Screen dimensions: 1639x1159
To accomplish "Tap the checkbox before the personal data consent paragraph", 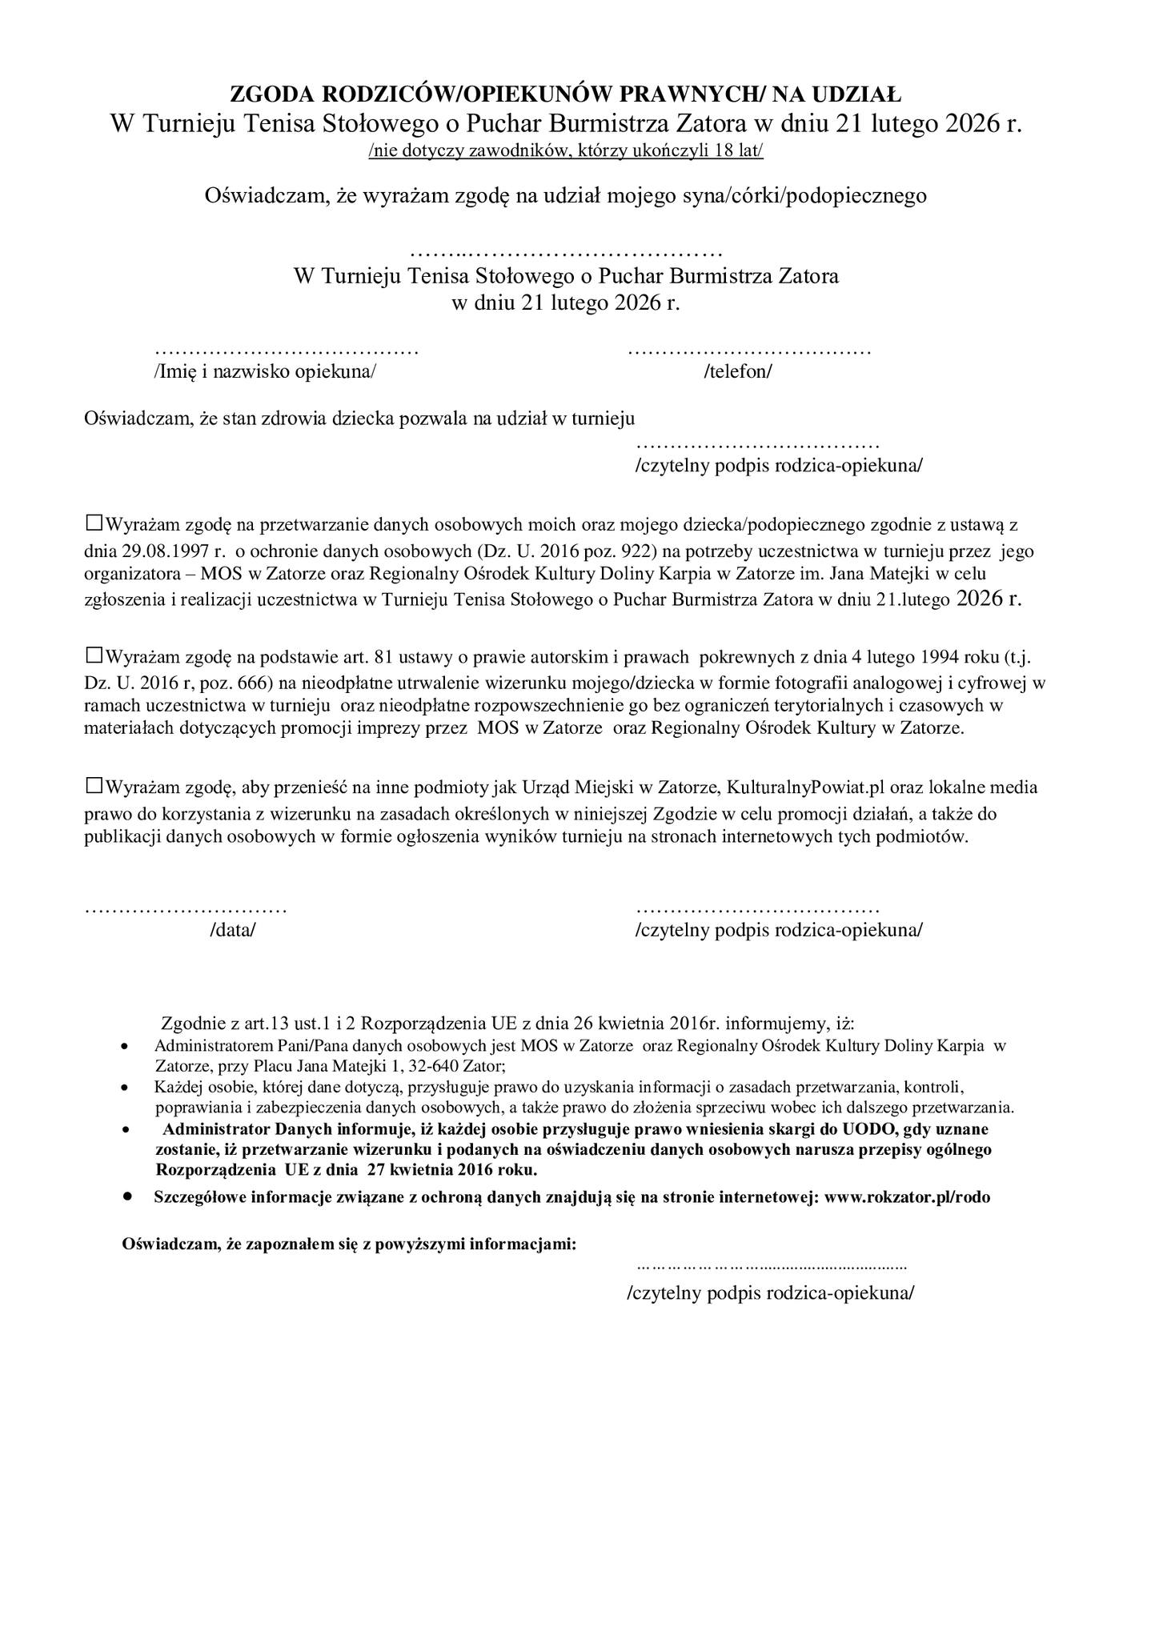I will [94, 524].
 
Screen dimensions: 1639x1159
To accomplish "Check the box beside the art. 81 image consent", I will [94, 655].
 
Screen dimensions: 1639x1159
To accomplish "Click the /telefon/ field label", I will [737, 371].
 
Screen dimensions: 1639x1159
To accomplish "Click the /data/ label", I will [232, 930].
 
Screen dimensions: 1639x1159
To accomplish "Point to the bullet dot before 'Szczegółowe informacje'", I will [127, 1197].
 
